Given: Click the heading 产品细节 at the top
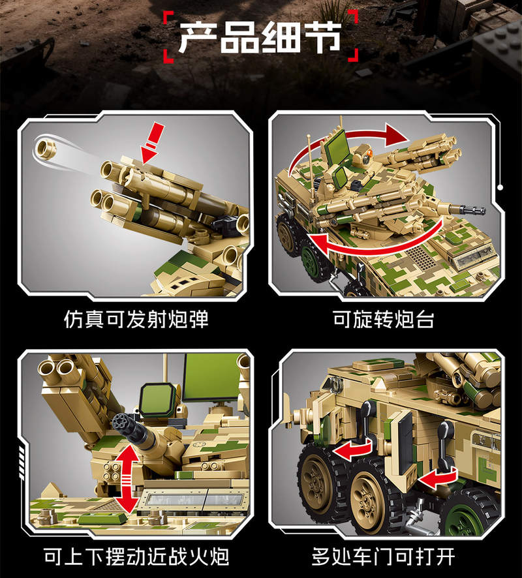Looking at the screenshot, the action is (x=260, y=37).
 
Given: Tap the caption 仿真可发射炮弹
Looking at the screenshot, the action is (x=136, y=319).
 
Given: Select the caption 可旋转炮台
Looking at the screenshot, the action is (x=384, y=319).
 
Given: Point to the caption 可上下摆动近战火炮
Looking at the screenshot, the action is (x=136, y=556).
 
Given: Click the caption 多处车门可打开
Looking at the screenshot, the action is (x=384, y=556).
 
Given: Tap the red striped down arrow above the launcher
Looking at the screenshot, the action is (x=151, y=144).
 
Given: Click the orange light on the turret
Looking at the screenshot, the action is (x=370, y=152).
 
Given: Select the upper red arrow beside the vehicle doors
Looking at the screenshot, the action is (x=352, y=450).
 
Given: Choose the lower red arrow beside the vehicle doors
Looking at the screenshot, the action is (x=438, y=478).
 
